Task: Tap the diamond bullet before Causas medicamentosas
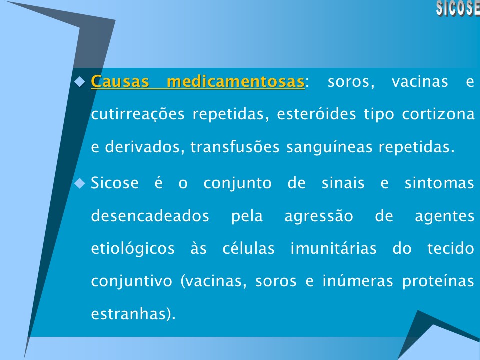80,81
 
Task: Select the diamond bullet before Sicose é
80,183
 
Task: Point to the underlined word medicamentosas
235,81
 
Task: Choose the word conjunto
237,183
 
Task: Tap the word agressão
318,216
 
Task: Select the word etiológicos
133,249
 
